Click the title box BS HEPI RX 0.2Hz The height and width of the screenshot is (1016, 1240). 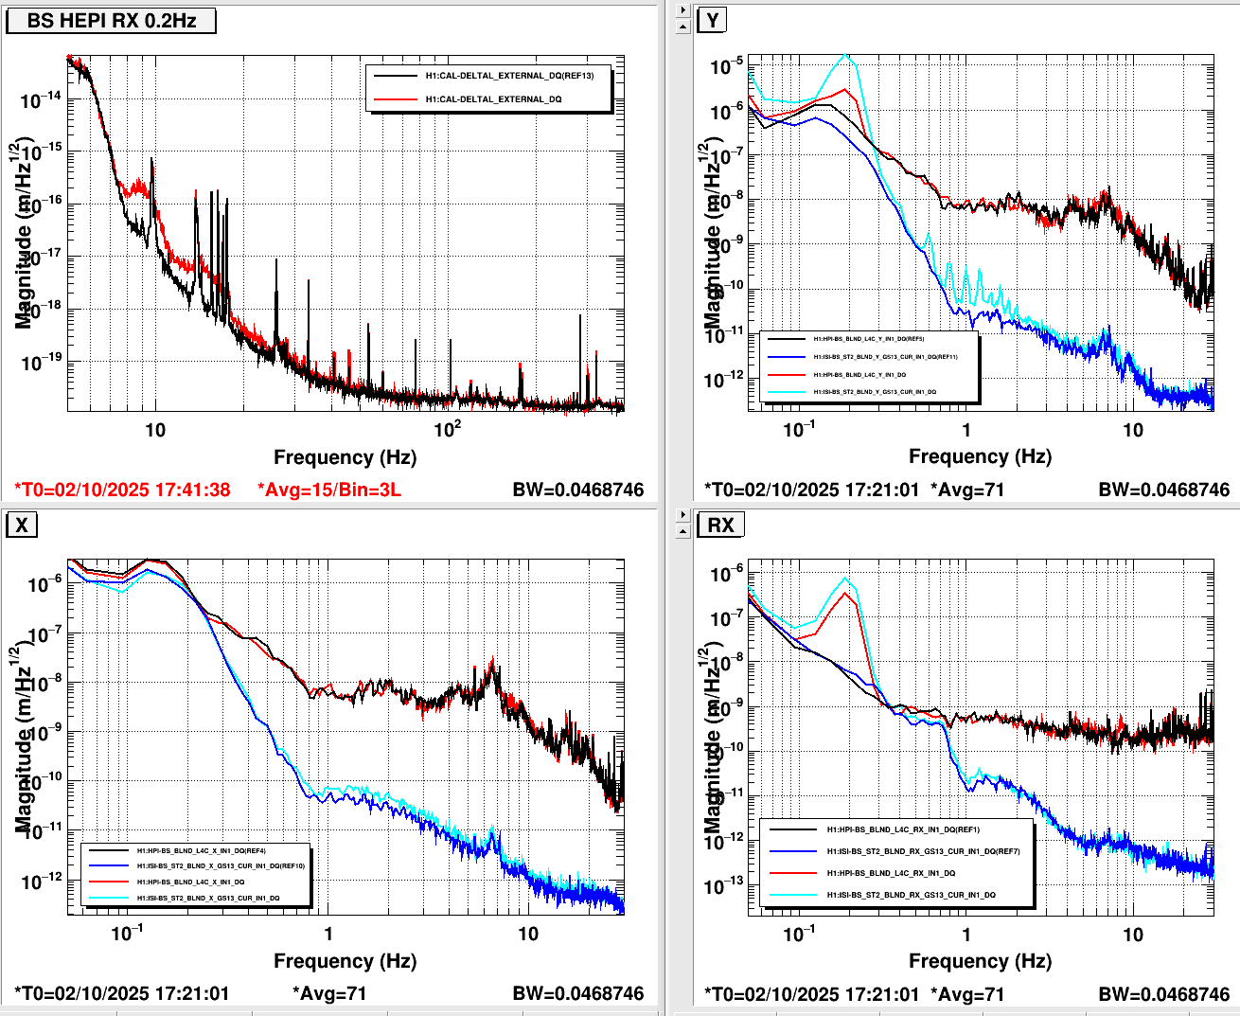111,20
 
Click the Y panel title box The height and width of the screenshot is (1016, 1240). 712,20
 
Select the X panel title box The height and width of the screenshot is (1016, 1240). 22,525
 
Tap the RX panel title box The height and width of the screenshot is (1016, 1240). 720,525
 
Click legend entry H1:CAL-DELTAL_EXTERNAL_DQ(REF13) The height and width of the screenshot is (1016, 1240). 509,76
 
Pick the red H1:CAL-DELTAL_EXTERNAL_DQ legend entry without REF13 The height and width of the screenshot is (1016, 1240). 493,99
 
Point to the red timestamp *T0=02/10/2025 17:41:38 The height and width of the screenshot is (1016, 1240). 122,490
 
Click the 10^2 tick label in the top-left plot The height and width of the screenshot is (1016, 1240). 448,430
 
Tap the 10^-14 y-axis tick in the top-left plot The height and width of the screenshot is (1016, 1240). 43,98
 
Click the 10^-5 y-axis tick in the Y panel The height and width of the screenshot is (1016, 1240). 727,66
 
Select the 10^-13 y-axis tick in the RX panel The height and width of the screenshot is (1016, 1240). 727,886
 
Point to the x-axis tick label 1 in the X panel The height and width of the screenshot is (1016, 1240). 328,935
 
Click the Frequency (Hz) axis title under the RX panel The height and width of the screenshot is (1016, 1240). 980,961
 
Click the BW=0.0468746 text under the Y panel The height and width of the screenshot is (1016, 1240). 1163,490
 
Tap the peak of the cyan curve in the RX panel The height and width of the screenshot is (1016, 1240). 845,579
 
